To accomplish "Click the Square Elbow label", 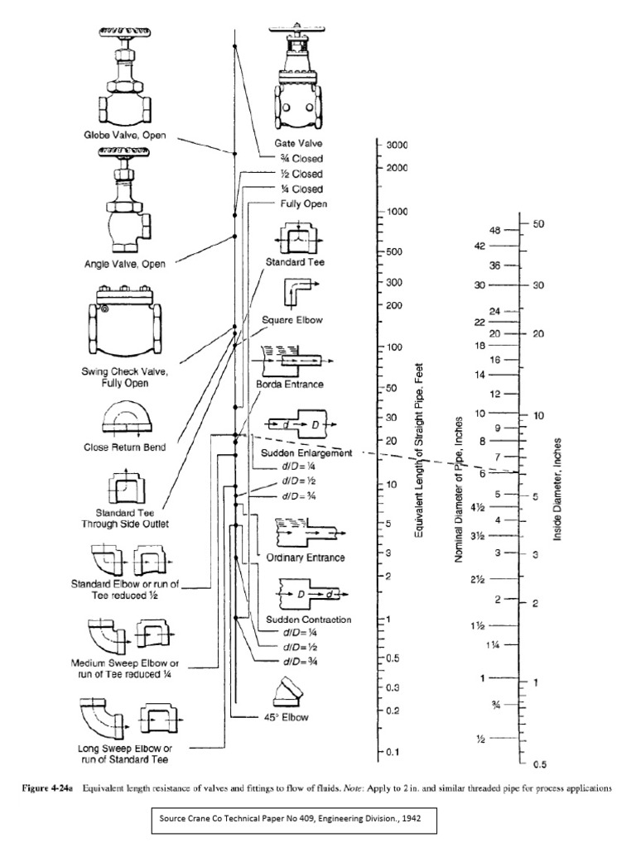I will (x=292, y=318).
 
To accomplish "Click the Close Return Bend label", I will (x=124, y=447).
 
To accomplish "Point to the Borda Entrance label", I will (x=292, y=385).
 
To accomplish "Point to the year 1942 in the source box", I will (x=412, y=822).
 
